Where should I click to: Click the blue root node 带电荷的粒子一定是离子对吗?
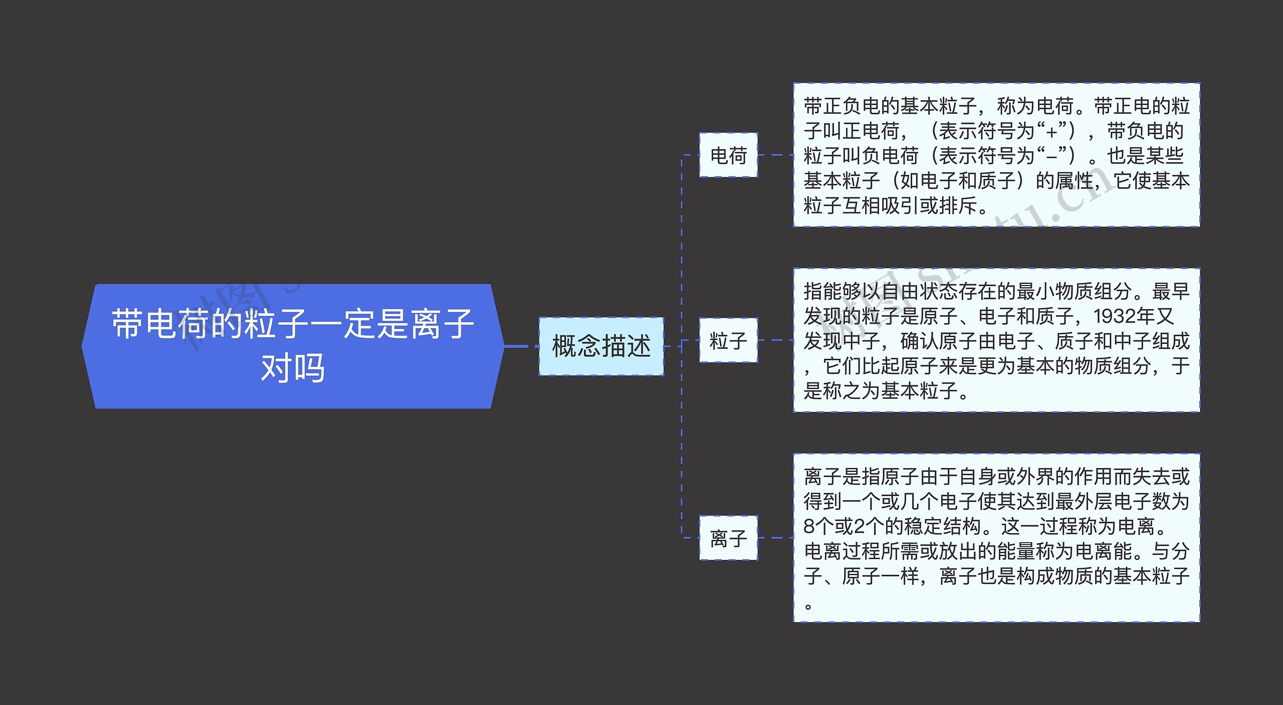pos(293,346)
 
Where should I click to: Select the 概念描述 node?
pos(601,346)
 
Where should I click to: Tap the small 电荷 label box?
pos(728,155)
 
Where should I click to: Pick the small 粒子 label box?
pos(728,341)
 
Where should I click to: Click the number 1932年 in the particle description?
pos(1122,316)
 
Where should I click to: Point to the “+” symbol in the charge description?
pos(1051,131)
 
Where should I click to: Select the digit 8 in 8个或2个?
pos(809,527)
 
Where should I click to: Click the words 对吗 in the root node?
pos(293,368)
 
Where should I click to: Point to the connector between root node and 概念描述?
pos(521,346)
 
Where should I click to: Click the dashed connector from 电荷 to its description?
pos(775,155)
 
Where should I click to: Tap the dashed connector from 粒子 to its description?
pos(775,341)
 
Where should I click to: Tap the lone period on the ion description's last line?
pos(808,607)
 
